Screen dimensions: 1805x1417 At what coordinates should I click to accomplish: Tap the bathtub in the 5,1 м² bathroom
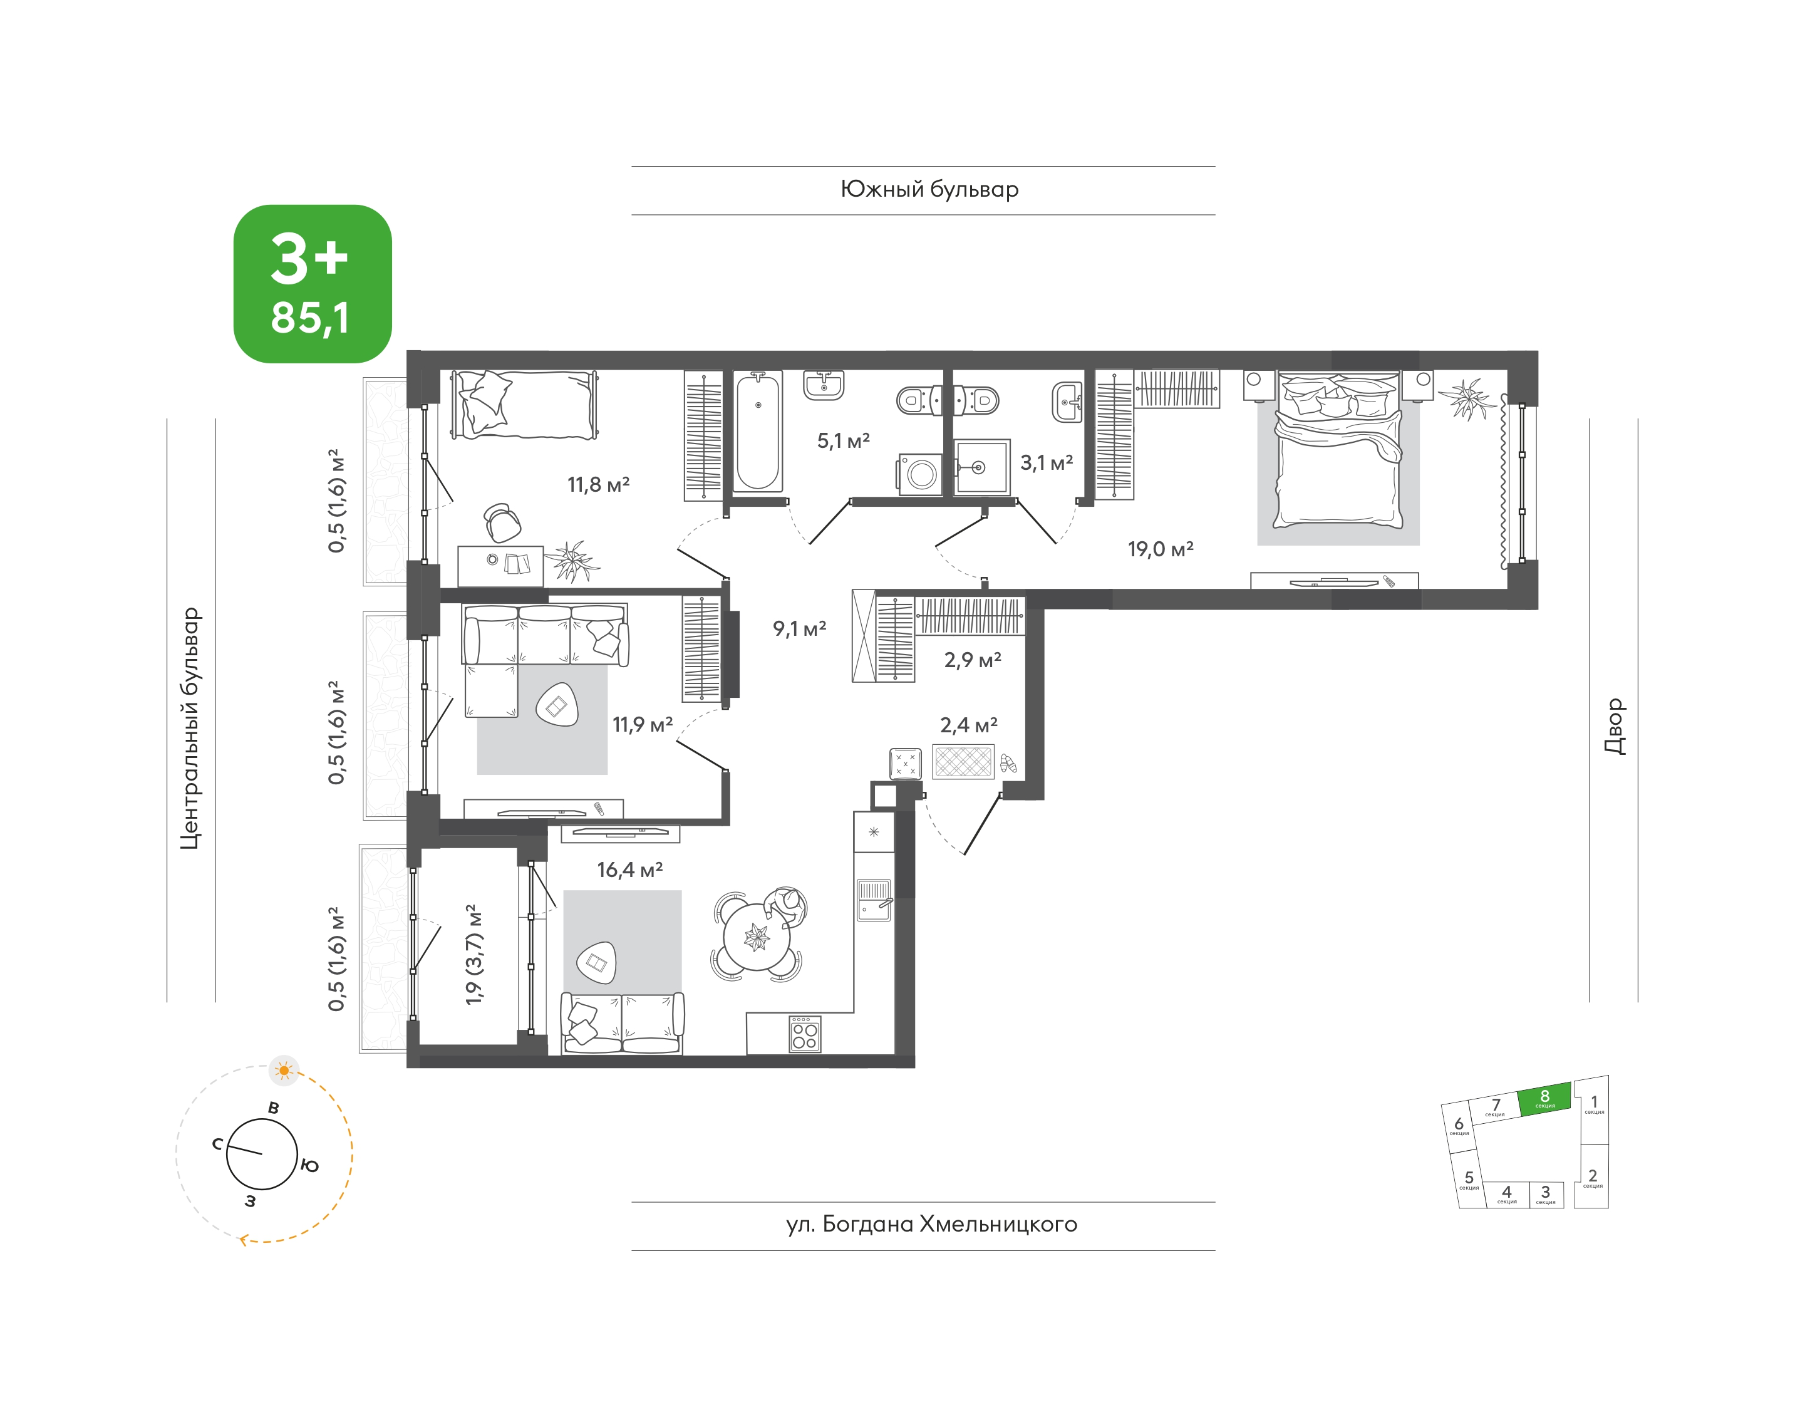(x=758, y=432)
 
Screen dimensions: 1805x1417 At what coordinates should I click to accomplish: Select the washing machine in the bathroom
(x=920, y=474)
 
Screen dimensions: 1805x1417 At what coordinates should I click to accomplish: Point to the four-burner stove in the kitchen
(x=805, y=1033)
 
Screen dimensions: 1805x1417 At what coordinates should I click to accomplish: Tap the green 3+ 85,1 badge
(x=313, y=284)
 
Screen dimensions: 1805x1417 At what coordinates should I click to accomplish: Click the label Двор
(x=1614, y=726)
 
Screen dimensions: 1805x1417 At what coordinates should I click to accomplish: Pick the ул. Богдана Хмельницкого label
(x=931, y=1225)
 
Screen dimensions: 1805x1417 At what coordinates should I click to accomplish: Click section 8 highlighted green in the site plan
(x=1544, y=1098)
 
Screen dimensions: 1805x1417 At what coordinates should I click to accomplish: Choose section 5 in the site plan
(x=1469, y=1179)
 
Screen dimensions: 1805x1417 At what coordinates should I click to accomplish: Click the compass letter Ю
(x=309, y=1166)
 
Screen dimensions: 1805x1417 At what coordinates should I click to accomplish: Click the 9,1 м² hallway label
(x=800, y=628)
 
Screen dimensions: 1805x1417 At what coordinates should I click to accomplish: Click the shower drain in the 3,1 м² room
(x=979, y=468)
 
